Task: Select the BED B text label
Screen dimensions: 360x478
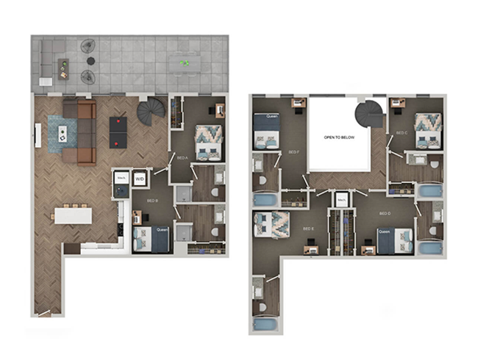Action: click(151, 200)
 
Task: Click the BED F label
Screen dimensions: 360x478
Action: click(293, 152)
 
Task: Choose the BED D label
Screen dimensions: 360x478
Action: click(384, 213)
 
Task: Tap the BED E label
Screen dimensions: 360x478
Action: click(308, 228)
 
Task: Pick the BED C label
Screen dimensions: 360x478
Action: click(402, 133)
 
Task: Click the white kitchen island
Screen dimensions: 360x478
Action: click(73, 215)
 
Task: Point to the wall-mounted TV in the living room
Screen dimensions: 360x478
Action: click(38, 134)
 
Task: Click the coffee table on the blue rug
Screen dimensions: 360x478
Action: click(63, 134)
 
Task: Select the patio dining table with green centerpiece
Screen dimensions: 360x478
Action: click(185, 64)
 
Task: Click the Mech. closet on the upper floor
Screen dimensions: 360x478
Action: click(341, 199)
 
